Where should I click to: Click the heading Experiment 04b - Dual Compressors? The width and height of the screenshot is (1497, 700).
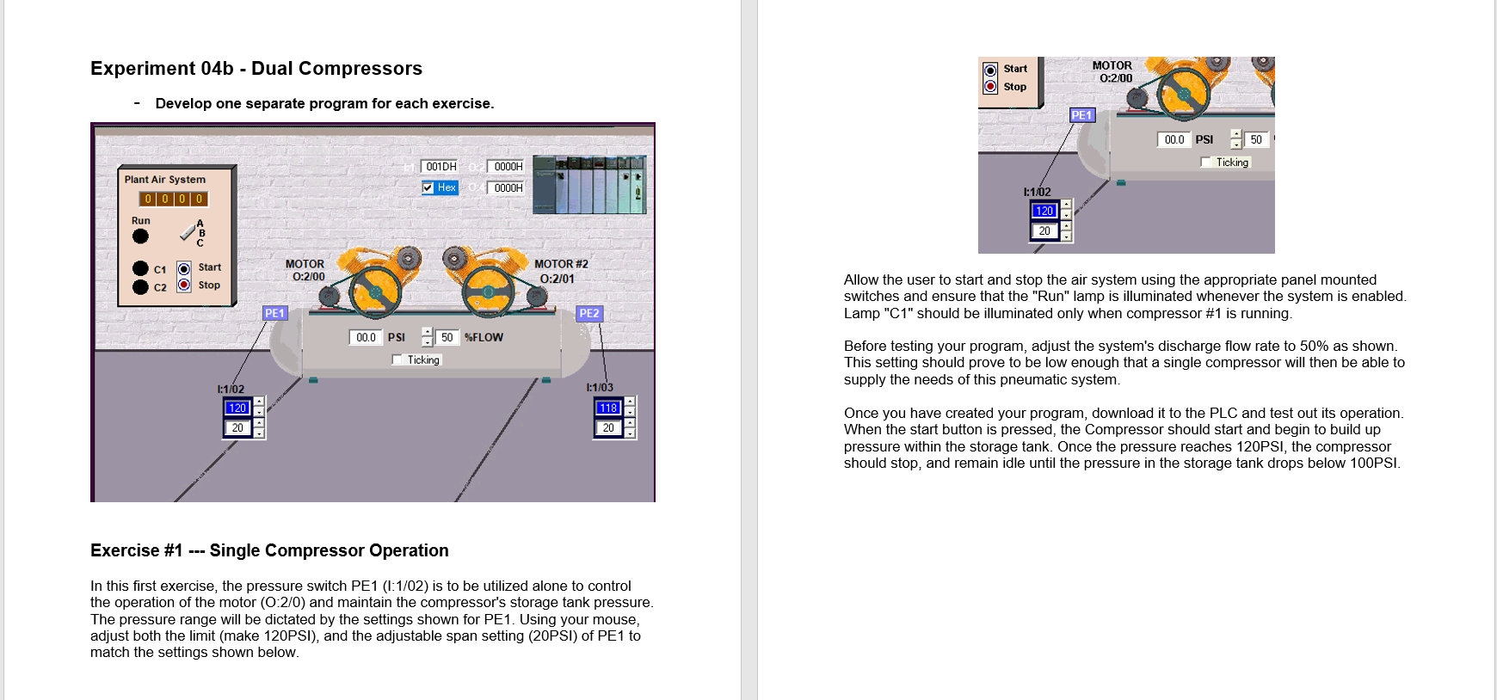pyautogui.click(x=256, y=69)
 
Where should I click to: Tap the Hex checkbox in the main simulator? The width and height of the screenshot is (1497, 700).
pyautogui.click(x=428, y=187)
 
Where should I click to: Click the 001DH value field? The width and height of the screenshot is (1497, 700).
pyautogui.click(x=440, y=167)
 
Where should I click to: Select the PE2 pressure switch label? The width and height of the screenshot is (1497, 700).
pyautogui.click(x=589, y=314)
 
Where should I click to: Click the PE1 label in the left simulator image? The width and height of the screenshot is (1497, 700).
pyautogui.click(x=274, y=314)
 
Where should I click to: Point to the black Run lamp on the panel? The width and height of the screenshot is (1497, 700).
pyautogui.click(x=140, y=236)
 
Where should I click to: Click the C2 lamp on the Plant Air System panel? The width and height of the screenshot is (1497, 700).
pyautogui.click(x=141, y=287)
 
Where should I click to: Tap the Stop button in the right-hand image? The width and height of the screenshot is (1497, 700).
pyautogui.click(x=991, y=87)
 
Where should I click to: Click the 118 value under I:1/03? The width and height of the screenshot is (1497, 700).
pyautogui.click(x=608, y=408)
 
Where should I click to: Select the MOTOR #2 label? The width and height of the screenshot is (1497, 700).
pyautogui.click(x=561, y=265)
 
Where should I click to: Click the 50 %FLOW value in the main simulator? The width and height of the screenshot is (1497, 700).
pyautogui.click(x=447, y=338)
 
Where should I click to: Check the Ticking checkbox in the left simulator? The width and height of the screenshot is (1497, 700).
pyautogui.click(x=397, y=359)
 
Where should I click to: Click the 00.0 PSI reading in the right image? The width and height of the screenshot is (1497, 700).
pyautogui.click(x=1174, y=139)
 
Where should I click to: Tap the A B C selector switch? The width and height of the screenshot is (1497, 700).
pyautogui.click(x=189, y=232)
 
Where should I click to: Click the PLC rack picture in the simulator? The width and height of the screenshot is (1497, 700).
pyautogui.click(x=589, y=185)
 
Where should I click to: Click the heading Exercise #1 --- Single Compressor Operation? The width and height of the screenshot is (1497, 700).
pyautogui.click(x=269, y=550)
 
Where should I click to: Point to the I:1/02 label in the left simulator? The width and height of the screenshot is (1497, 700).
pyautogui.click(x=231, y=390)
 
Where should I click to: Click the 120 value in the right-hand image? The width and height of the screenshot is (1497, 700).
pyautogui.click(x=1044, y=211)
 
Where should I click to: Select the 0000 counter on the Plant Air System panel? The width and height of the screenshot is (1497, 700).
pyautogui.click(x=174, y=199)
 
